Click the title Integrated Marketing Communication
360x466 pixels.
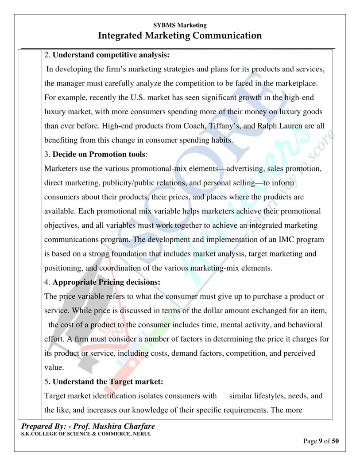pyautogui.click(x=180, y=35)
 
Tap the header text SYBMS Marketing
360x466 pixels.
pyautogui.click(x=180, y=25)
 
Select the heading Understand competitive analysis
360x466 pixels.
pyautogui.click(x=111, y=55)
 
